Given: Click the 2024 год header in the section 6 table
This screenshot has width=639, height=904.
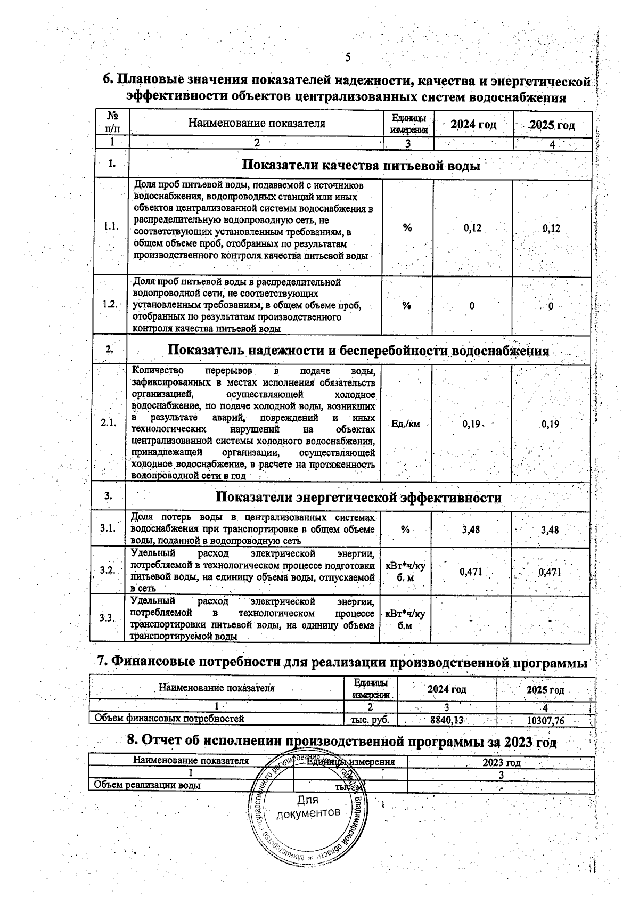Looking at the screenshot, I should coord(473,125).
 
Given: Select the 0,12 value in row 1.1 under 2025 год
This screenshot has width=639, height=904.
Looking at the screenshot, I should coord(552,229).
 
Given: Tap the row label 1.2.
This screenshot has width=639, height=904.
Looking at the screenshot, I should coord(111,304).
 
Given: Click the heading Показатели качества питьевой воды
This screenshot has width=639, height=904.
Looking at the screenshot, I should coord(361,166).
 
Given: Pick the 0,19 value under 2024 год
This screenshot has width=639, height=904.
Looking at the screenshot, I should coord(471,425).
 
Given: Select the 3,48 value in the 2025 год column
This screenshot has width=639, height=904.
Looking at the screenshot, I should coord(550,530).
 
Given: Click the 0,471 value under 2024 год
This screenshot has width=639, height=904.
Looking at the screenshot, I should coord(471,572).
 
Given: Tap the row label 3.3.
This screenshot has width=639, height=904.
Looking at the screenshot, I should coord(108,618).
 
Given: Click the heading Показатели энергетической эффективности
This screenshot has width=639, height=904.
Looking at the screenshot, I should coord(358,498).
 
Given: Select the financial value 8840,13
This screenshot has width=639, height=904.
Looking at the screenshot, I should coord(447,720).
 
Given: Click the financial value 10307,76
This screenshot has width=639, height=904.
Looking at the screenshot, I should coord(545,720).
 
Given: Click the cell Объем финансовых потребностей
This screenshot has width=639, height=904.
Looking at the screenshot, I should coord(169,719).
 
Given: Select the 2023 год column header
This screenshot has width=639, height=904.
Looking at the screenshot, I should coord(501,762).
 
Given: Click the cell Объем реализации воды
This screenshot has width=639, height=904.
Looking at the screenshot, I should coord(147,785).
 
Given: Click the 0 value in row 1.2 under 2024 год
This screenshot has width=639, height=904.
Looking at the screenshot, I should coord(472,306).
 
